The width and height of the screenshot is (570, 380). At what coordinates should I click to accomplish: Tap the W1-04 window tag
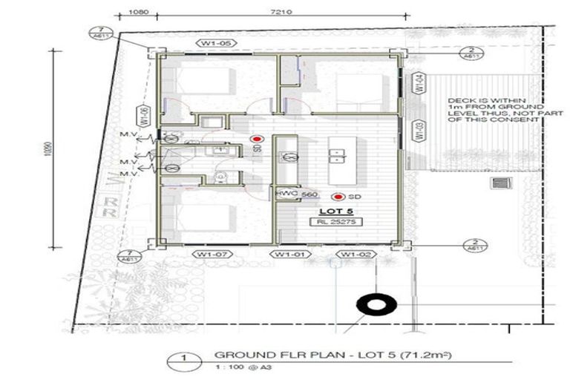419,83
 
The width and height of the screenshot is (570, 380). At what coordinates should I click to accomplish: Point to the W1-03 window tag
419,131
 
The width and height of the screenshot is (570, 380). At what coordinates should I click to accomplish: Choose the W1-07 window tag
212,255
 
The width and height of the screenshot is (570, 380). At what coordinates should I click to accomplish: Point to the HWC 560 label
286,194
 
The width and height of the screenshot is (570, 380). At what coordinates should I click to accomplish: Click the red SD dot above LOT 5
338,197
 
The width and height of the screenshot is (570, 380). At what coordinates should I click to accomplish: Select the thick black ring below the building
370,305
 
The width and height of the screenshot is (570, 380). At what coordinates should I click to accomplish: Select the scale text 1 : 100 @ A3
237,368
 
